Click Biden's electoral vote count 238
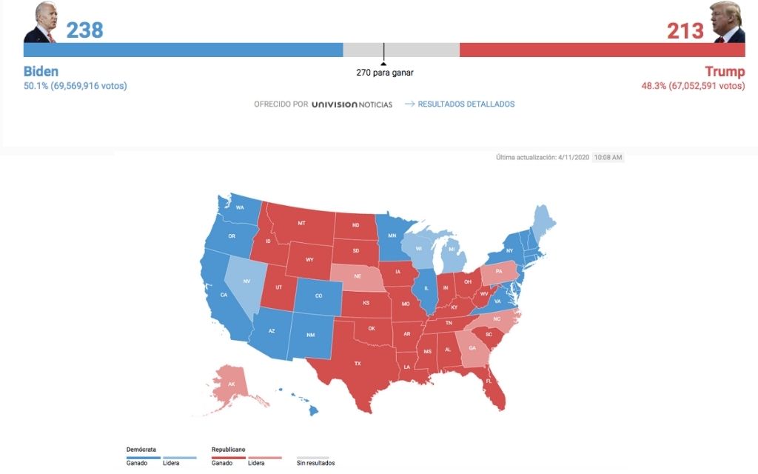(84, 30)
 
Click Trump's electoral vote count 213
(685, 31)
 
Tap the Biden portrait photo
(40, 23)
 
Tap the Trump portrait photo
(727, 23)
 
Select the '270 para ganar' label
(384, 73)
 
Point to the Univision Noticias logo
(352, 104)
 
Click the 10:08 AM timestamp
(608, 158)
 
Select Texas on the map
(357, 363)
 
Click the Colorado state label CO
(318, 296)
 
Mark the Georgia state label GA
(472, 348)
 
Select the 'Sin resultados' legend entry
(315, 463)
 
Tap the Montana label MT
(301, 223)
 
